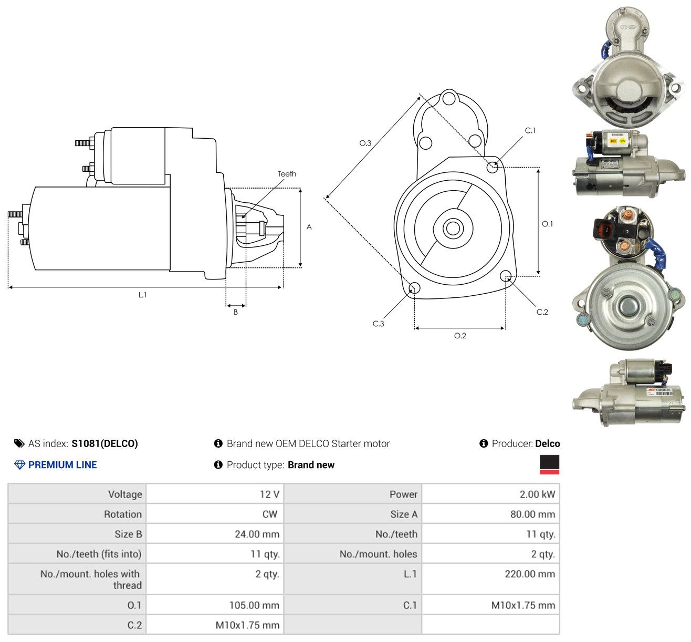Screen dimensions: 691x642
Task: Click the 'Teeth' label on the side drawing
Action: (x=287, y=174)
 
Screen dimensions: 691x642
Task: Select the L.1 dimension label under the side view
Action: (x=142, y=295)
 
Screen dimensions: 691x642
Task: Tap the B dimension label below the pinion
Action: (x=236, y=312)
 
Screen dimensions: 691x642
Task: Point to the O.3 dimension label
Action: (x=365, y=143)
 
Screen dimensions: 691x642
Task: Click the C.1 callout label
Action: (x=530, y=131)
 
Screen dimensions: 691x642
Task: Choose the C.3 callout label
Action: (x=378, y=324)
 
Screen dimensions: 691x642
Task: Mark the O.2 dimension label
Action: (x=460, y=336)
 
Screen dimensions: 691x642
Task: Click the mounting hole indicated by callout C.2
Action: (x=506, y=276)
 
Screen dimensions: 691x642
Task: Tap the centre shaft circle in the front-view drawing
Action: (x=453, y=229)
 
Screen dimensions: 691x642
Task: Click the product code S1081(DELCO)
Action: (x=104, y=443)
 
